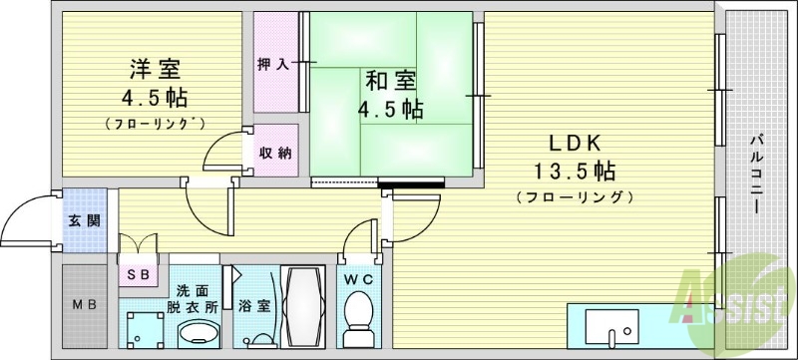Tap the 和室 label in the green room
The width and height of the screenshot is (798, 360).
(392, 81)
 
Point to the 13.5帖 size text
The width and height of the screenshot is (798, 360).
(577, 169)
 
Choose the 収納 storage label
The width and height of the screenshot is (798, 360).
(275, 153)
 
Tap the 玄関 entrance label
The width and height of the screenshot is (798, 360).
(84, 220)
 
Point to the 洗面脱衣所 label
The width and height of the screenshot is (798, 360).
(197, 298)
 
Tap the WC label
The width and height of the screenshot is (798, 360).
(357, 280)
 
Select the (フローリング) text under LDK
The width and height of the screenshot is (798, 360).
(576, 196)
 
